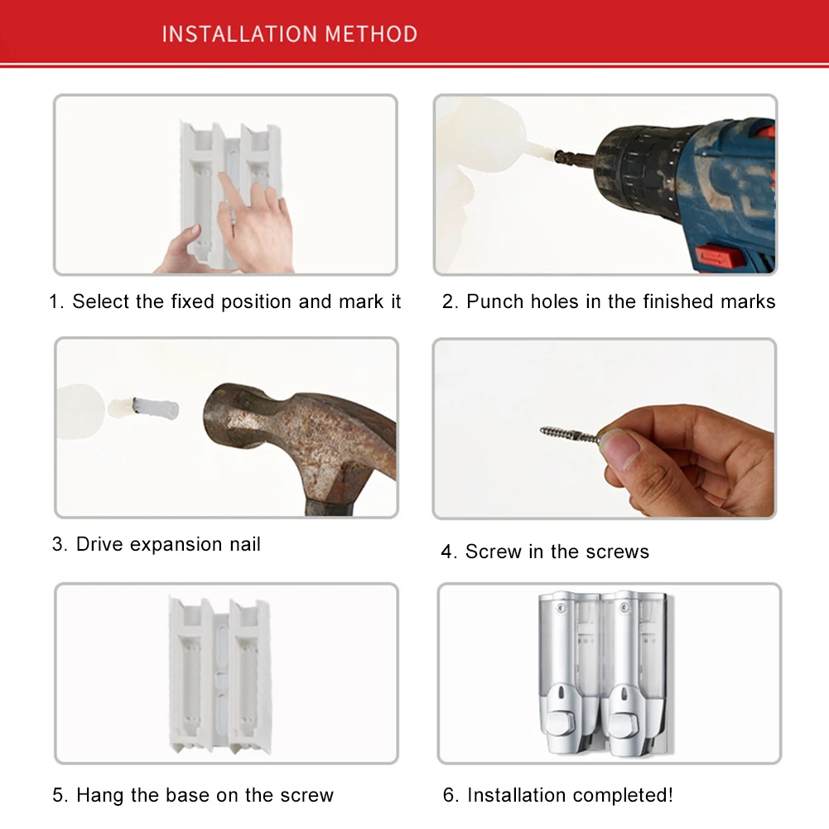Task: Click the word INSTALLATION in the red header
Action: pyautogui.click(x=239, y=34)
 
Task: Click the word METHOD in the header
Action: pyautogui.click(x=371, y=34)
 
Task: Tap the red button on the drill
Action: pyautogui.click(x=720, y=258)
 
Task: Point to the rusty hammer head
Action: pyautogui.click(x=296, y=433)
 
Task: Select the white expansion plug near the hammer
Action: pyautogui.click(x=155, y=408)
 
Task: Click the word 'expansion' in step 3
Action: pyautogui.click(x=176, y=545)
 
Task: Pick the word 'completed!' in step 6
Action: pyautogui.click(x=622, y=795)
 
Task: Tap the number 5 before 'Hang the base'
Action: pyautogui.click(x=58, y=795)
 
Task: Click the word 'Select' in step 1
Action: pyautogui.click(x=100, y=301)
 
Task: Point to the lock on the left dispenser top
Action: pyautogui.click(x=562, y=608)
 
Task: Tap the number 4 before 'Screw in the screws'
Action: pyautogui.click(x=447, y=552)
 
